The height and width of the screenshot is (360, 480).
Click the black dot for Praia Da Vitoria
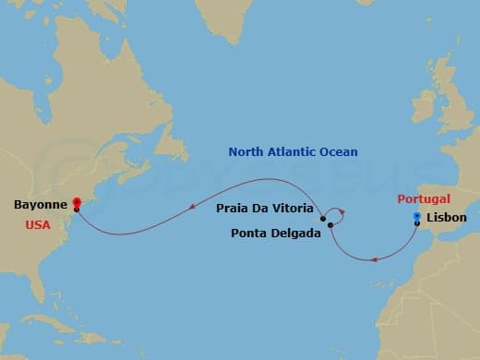point(323,219)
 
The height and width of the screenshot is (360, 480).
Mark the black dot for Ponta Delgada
point(330,225)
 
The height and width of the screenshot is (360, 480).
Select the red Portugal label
point(424,198)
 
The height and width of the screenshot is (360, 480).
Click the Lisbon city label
point(449,219)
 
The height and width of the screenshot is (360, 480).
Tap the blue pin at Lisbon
point(417,217)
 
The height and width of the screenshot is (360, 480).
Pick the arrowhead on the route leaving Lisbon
point(373,259)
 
